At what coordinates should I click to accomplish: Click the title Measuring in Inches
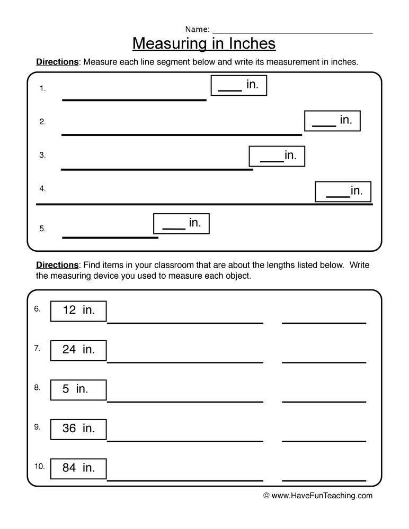[x=204, y=43]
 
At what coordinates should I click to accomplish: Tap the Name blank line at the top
[x=292, y=33]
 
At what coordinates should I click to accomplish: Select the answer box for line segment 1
[x=238, y=86]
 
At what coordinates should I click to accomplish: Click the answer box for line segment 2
[x=332, y=121]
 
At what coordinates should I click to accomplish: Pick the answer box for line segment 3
[x=277, y=156]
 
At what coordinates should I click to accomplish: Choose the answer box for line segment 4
[x=343, y=191]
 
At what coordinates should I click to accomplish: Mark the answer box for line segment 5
[x=181, y=224]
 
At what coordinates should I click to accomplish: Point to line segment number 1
[x=134, y=99]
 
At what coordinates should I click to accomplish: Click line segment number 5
[x=110, y=238]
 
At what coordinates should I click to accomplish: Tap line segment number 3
[x=157, y=170]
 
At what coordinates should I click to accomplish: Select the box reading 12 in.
[x=78, y=311]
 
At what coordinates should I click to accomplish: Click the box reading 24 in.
[x=78, y=350]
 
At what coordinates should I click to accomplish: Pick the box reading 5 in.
[x=78, y=390]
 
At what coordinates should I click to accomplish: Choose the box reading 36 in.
[x=78, y=429]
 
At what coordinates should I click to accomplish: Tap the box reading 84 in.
[x=78, y=469]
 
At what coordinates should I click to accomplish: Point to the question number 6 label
[x=37, y=309]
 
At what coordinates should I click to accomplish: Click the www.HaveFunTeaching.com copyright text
[x=318, y=496]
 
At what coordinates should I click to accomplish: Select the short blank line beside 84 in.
[x=324, y=481]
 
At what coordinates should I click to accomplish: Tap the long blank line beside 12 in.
[x=185, y=323]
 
